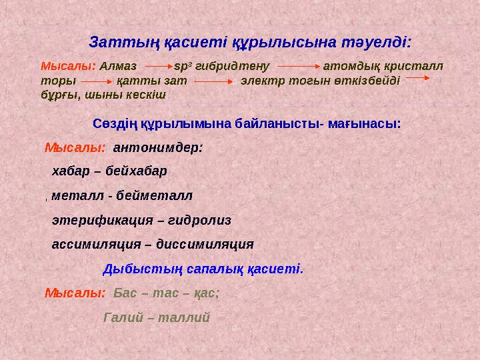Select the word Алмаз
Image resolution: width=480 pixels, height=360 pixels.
118,67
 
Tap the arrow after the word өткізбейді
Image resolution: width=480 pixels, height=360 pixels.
417,79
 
